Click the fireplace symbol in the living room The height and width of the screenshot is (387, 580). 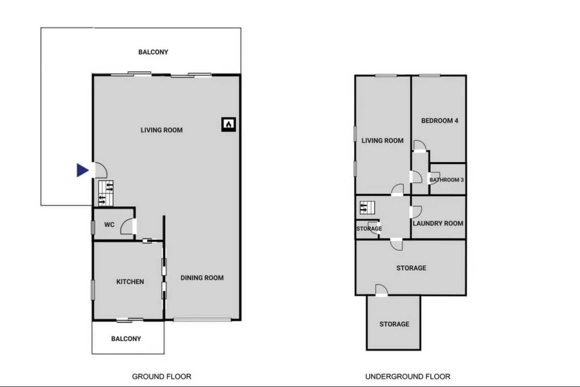228,125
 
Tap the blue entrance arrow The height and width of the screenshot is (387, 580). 82,170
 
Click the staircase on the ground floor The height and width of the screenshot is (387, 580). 106,193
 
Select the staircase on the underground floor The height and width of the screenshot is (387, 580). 367,208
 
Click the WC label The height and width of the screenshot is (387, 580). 109,224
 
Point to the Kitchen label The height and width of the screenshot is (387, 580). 130,282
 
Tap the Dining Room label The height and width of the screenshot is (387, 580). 202,278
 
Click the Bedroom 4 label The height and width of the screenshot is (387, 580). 440,120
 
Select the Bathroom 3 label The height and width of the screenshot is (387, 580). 447,180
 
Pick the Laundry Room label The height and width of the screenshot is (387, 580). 438,224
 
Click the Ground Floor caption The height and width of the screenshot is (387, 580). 162,376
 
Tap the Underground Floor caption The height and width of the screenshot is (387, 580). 408,376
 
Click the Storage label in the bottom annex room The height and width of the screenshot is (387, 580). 394,324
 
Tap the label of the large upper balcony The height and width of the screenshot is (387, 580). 153,52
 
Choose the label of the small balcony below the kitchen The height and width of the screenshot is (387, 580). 126,339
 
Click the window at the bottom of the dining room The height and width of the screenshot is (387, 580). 202,320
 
